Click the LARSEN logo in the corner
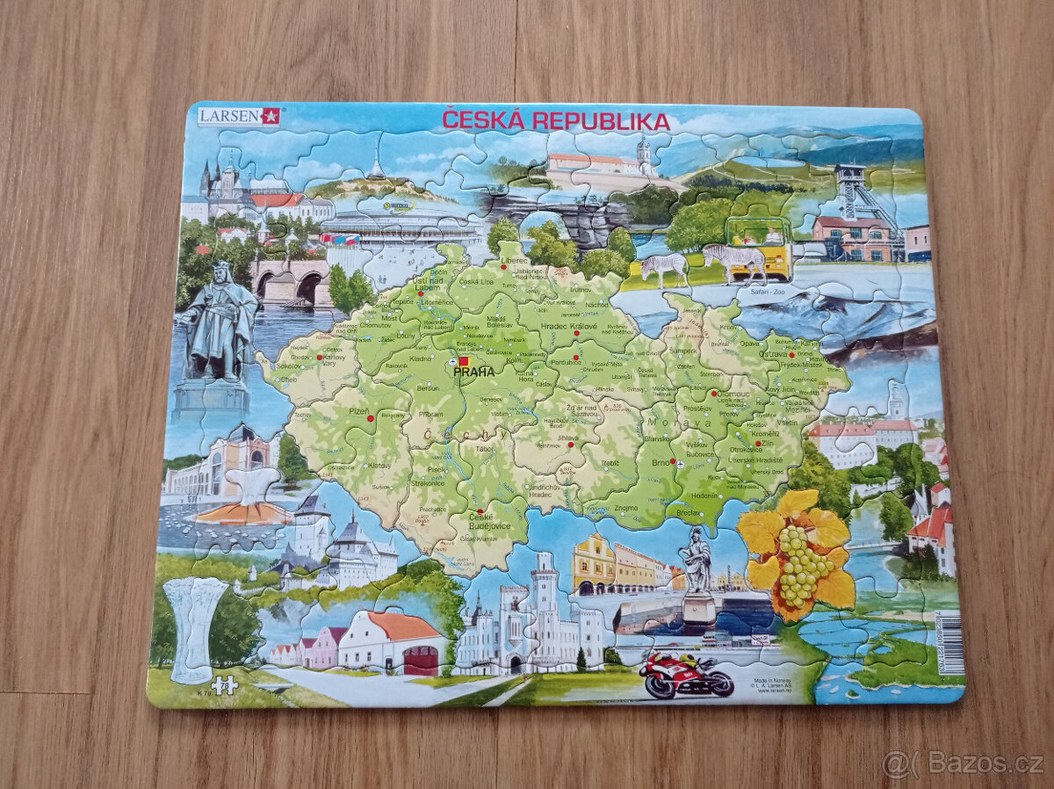tap(238, 115)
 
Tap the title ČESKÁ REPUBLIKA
tap(555, 121)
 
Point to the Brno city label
tap(660, 462)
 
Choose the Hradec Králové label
tap(568, 327)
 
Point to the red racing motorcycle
tap(685, 676)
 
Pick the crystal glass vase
tap(194, 626)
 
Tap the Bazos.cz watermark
tap(964, 763)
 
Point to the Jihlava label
tap(567, 437)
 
